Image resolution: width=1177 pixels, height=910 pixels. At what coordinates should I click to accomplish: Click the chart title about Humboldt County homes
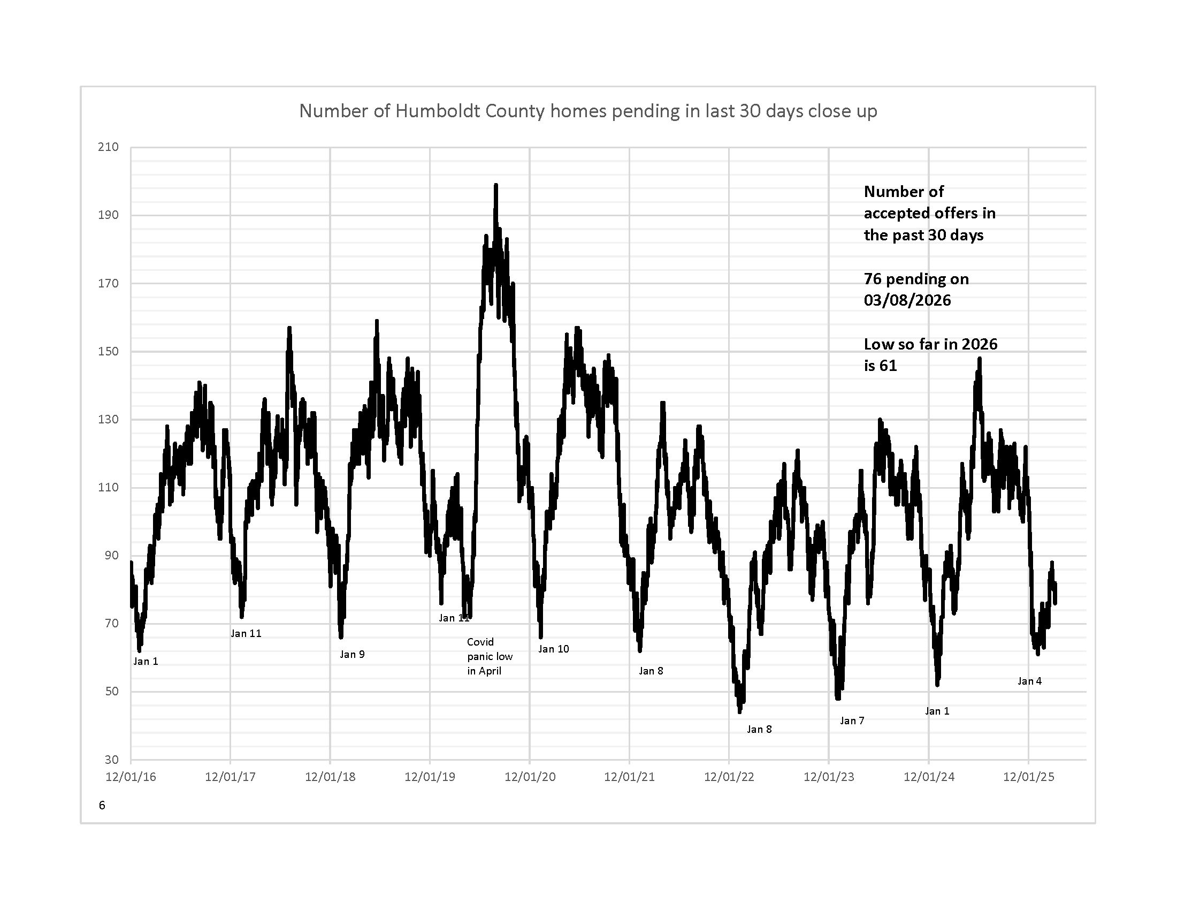588,111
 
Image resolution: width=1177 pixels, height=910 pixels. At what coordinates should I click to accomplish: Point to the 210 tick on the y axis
108,147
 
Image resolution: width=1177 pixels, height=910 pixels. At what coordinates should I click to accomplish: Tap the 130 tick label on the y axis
108,420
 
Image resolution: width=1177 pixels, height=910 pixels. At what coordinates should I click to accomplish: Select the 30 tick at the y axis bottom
111,760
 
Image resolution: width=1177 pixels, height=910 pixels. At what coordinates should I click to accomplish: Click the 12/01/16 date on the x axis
131,777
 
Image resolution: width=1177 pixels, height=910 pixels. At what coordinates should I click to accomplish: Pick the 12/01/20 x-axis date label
530,777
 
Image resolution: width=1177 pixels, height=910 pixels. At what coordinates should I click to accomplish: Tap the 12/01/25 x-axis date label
1028,777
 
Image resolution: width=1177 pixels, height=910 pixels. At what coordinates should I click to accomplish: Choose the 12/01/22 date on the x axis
729,777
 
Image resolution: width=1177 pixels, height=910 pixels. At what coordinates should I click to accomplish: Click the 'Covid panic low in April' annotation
490,657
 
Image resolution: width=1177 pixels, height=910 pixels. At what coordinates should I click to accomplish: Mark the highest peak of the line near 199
496,185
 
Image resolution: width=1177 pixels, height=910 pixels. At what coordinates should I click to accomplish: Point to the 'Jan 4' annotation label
1029,681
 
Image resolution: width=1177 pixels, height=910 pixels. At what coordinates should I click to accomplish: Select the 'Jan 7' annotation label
852,721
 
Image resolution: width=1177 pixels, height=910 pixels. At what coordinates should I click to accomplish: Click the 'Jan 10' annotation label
554,649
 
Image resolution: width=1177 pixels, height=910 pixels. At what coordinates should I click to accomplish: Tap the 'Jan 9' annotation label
352,655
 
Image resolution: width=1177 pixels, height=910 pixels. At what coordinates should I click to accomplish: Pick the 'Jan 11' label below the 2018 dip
246,633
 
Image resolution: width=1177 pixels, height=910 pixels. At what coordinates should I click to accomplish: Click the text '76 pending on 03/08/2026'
916,290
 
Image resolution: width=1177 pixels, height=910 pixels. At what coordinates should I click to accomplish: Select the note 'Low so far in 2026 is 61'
930,355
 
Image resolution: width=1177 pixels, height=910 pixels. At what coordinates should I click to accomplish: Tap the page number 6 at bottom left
102,806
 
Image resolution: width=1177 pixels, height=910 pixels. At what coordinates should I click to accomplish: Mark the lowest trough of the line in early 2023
739,711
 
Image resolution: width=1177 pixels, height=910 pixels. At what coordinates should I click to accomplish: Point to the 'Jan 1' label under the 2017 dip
146,662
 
